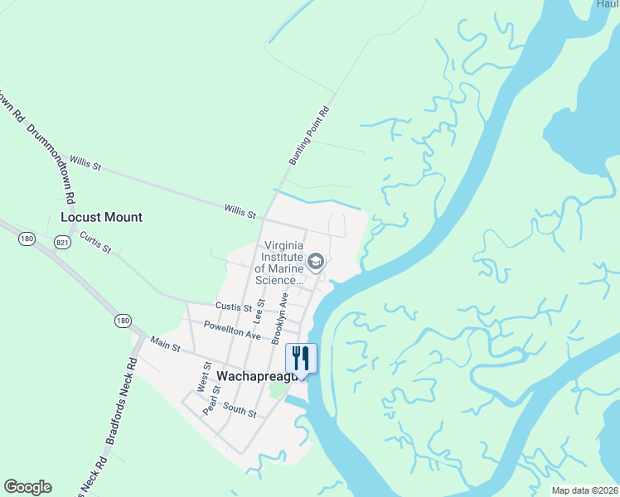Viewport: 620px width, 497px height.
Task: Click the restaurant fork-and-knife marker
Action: [x=301, y=358]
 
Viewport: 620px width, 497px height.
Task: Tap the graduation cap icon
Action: [x=315, y=263]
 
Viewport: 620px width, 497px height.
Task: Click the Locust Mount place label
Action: [x=101, y=217]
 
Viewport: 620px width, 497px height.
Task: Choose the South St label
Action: [x=239, y=410]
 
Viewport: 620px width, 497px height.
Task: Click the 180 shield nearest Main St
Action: [x=123, y=321]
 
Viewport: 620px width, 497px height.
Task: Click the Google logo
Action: [x=27, y=487]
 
